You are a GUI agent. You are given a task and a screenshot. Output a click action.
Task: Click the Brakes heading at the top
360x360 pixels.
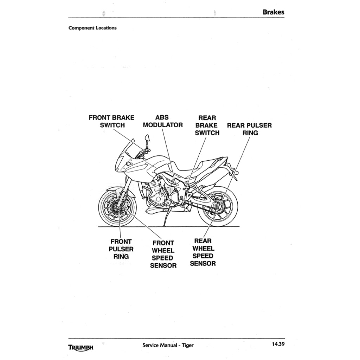pyautogui.click(x=273, y=12)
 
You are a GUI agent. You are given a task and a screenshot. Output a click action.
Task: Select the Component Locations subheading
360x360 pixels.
pyautogui.click(x=92, y=28)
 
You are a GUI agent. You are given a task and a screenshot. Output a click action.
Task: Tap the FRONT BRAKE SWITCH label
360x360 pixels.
pyautogui.click(x=111, y=121)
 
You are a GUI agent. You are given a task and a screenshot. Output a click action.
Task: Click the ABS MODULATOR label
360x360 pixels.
pyautogui.click(x=162, y=121)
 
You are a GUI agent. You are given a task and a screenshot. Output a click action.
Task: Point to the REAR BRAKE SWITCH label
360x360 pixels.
pyautogui.click(x=207, y=125)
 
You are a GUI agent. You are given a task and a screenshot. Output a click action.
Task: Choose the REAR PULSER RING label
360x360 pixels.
pyautogui.click(x=250, y=129)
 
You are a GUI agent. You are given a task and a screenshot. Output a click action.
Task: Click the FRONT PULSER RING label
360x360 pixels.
pyautogui.click(x=121, y=249)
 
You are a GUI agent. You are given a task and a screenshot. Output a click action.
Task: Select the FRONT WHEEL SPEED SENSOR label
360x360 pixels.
pyautogui.click(x=163, y=254)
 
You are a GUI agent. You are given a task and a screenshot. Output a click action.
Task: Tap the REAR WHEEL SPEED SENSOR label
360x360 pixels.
pyautogui.click(x=203, y=252)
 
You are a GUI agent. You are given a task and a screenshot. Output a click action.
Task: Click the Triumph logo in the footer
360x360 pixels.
pyautogui.click(x=81, y=347)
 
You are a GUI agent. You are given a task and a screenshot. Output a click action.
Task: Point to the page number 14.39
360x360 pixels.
pyautogui.click(x=277, y=344)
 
